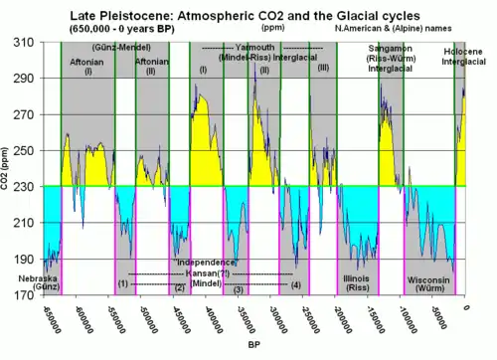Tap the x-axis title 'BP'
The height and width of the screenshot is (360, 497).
click(255, 344)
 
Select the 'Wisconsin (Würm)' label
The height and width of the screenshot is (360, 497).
click(430, 282)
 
